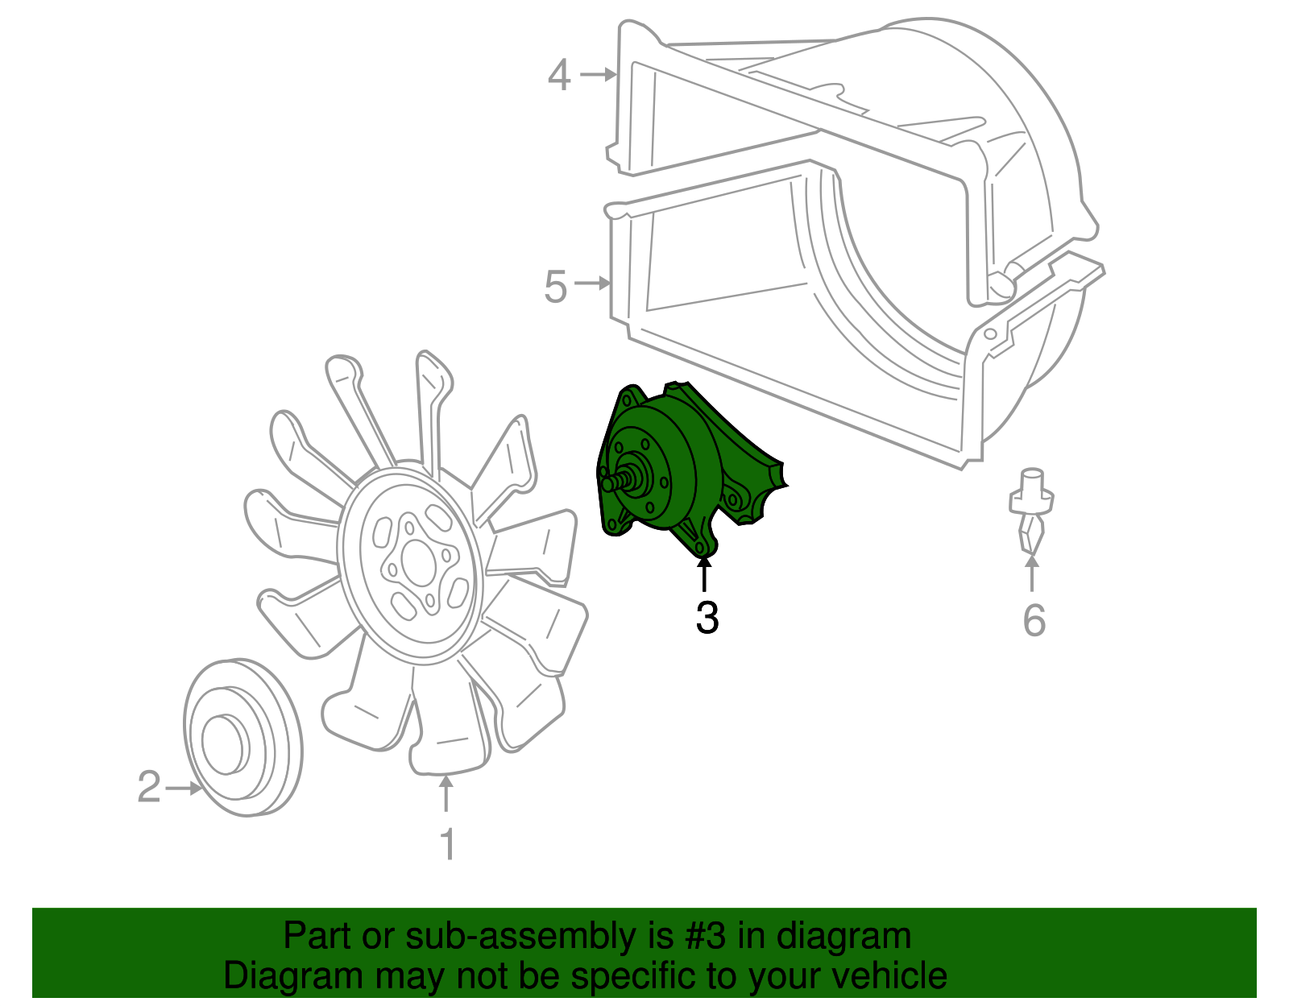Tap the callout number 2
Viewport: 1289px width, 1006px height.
click(x=149, y=787)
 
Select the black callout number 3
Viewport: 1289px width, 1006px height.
click(x=707, y=618)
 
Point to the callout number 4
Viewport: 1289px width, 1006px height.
click(x=559, y=76)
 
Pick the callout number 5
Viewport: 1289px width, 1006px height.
click(x=556, y=287)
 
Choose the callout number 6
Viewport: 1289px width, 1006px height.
click(x=1034, y=620)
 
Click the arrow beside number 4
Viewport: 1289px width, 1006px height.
click(x=598, y=75)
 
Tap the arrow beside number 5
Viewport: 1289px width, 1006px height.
click(x=593, y=284)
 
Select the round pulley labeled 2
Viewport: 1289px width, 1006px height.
click(x=242, y=739)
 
